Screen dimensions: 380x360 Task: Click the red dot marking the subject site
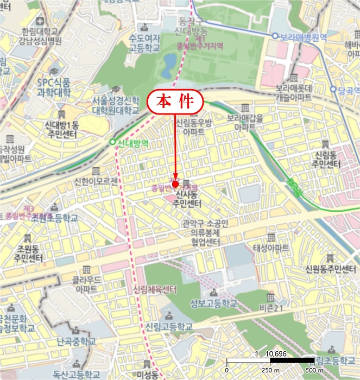tap(175, 184)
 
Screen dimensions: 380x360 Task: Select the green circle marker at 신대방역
tap(112, 144)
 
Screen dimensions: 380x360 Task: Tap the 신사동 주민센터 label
tap(187, 199)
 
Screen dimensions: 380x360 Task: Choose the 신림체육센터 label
tap(155, 288)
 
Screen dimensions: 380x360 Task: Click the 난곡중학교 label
tap(76, 341)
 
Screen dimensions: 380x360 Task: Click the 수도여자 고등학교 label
tap(144, 43)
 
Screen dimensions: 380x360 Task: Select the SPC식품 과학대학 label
tap(54, 87)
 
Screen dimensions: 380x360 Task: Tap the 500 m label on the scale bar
tap(314, 370)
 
